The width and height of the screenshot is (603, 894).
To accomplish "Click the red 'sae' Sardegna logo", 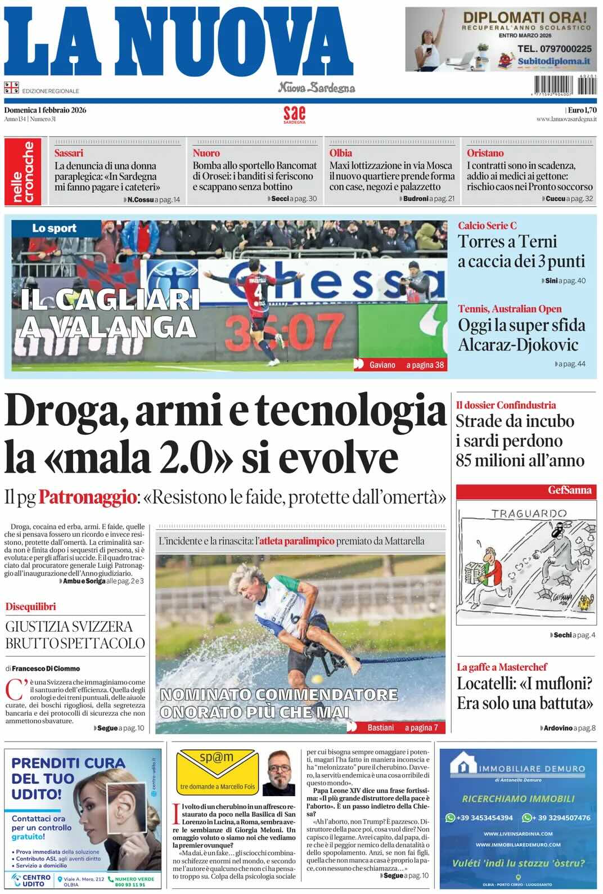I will pos(294,114).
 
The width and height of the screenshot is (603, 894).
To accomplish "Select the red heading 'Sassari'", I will pos(69,153).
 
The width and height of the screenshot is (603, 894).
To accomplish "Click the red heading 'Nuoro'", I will pos(206,153).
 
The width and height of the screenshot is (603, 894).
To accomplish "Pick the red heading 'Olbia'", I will pos(341,153).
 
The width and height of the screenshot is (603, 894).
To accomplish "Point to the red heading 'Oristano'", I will pos(485,153).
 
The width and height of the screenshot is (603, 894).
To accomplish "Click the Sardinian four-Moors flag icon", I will pos(11,87).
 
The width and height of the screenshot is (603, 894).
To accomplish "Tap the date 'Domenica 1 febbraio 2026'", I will pos(45,110).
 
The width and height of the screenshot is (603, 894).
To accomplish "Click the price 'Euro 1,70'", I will pos(582,110).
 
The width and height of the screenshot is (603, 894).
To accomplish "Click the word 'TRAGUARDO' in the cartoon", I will pos(529,513).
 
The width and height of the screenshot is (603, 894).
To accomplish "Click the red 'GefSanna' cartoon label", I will pos(570,490).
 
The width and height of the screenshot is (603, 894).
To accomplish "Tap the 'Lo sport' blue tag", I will pos(54,228).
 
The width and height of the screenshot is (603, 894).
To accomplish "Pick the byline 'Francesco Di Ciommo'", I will pos(46,668).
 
